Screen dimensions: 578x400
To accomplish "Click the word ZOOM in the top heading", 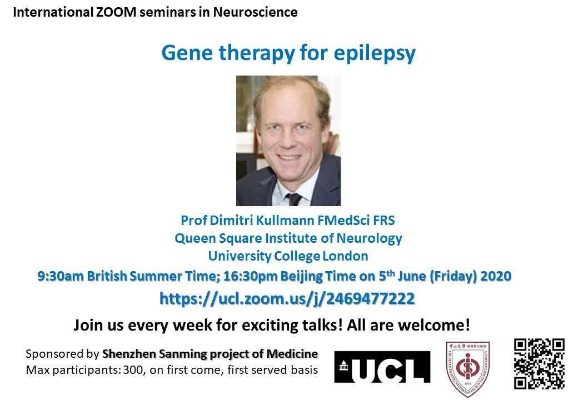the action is (x=116, y=12).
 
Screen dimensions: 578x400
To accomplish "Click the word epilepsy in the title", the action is (x=375, y=54).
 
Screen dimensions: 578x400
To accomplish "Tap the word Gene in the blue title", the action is (x=187, y=53).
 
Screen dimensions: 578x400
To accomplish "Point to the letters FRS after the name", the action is (x=383, y=220).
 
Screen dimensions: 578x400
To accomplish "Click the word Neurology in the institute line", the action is (x=369, y=239).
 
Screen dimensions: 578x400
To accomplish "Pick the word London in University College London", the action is (x=345, y=256).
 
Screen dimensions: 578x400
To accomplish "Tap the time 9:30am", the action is (x=61, y=276).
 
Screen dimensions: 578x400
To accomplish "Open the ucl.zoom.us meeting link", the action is (x=287, y=298).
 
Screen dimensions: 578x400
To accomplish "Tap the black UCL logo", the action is (x=382, y=367).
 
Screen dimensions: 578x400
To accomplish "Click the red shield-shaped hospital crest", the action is (x=468, y=368).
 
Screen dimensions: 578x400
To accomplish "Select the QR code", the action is (x=539, y=364).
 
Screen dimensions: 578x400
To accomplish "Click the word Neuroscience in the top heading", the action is (x=255, y=12).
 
